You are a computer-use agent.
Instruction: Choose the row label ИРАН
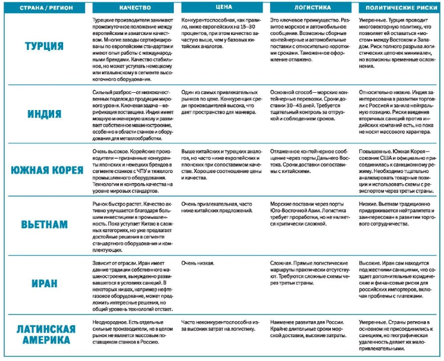(45, 283)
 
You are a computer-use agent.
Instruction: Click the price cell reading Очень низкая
(198, 263)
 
